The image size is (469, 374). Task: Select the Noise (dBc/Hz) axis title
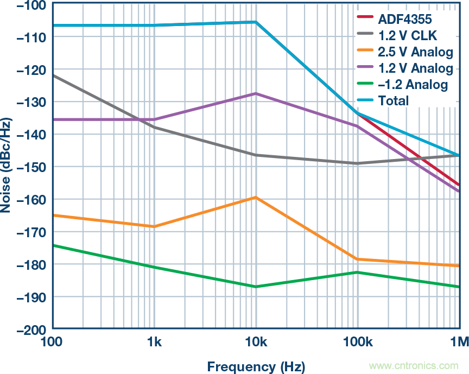coord(7,166)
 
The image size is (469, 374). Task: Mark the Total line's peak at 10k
coord(256,22)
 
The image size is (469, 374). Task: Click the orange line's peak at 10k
coord(256,198)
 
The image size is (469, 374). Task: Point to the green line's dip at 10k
coord(256,287)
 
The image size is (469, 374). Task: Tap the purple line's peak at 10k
coord(256,93)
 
